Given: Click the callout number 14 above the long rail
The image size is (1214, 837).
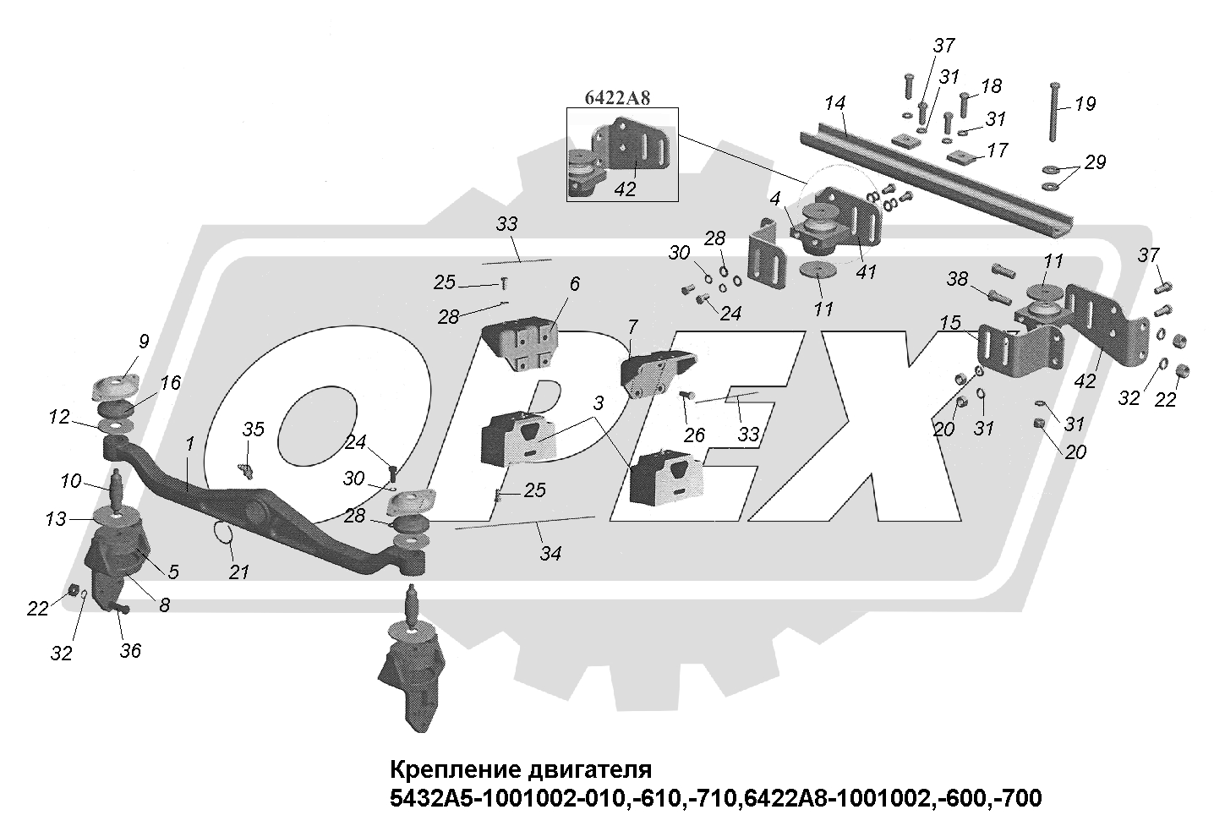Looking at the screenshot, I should pyautogui.click(x=835, y=103).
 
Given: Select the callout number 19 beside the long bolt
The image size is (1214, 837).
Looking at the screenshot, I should pyautogui.click(x=1085, y=104).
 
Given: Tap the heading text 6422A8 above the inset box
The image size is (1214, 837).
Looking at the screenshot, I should pyautogui.click(x=618, y=98).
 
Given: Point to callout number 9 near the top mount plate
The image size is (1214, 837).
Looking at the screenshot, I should pyautogui.click(x=144, y=342).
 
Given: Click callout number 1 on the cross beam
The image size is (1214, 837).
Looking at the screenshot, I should pyautogui.click(x=190, y=442).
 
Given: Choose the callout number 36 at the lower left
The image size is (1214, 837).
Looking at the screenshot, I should pyautogui.click(x=130, y=650).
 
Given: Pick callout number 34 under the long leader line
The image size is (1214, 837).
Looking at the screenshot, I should pyautogui.click(x=550, y=554).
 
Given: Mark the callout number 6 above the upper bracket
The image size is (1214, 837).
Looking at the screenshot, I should pyautogui.click(x=575, y=284).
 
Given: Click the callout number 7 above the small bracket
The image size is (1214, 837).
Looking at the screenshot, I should pyautogui.click(x=632, y=325).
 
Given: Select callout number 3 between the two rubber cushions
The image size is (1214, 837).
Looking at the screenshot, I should pyautogui.click(x=599, y=404).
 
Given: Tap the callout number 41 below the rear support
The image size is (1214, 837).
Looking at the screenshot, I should pyautogui.click(x=866, y=272).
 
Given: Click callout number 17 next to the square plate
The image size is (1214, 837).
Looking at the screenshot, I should pyautogui.click(x=998, y=150).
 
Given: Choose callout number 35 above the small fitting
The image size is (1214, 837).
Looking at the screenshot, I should pyautogui.click(x=254, y=429).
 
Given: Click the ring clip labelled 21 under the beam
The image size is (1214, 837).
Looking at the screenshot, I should pyautogui.click(x=224, y=534).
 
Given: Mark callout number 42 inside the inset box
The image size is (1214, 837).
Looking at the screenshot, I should pyautogui.click(x=625, y=189).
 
